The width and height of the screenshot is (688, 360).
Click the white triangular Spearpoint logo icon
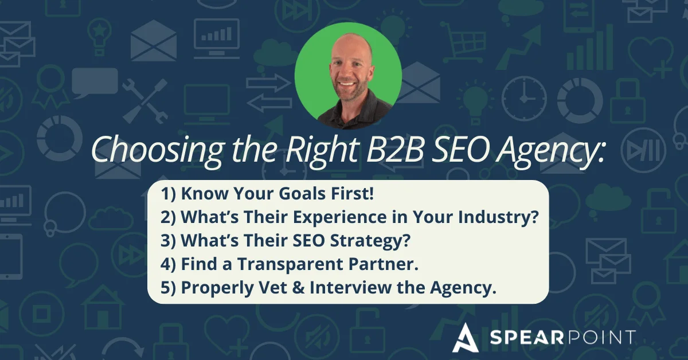point(464,336)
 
